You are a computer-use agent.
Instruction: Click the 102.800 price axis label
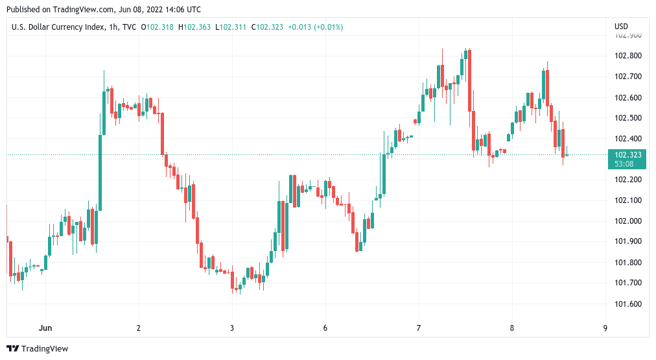[x=627, y=56]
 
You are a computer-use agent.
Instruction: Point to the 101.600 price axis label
[x=627, y=304]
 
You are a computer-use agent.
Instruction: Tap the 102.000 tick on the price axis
[x=627, y=221]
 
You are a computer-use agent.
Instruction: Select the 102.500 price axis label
[x=627, y=118]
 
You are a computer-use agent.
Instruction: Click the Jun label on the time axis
[x=45, y=328]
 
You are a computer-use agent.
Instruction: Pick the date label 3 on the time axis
[x=232, y=328]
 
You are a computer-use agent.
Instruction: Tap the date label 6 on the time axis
[x=325, y=328]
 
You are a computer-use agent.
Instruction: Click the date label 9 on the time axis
[x=605, y=328]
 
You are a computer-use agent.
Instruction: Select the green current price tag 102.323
[x=627, y=155]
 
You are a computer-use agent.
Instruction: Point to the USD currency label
[x=621, y=27]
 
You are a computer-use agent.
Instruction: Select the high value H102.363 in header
[x=196, y=27]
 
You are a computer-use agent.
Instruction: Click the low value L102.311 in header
[x=231, y=27]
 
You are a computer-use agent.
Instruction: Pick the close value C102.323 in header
[x=268, y=27]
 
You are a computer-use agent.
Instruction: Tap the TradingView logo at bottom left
[x=37, y=349]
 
